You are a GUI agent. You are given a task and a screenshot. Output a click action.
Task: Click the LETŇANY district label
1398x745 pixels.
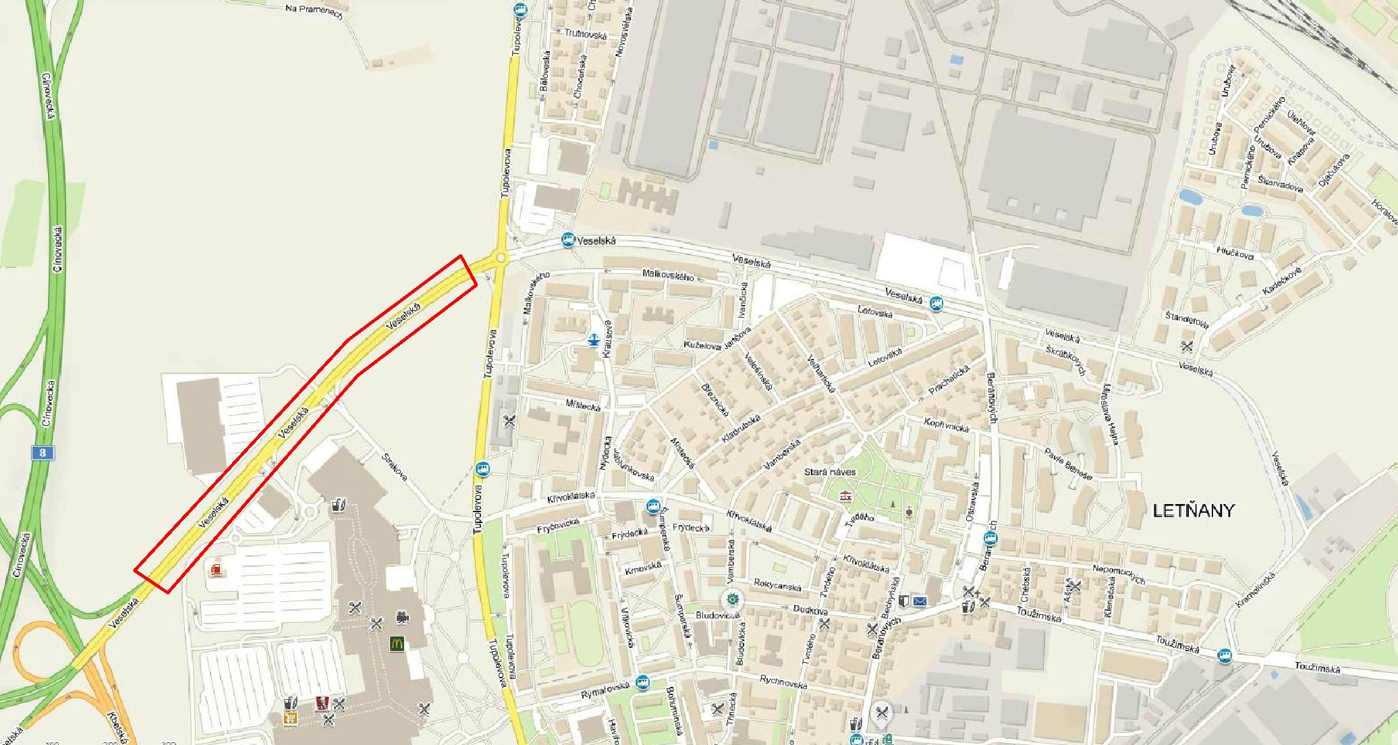point(1194,510)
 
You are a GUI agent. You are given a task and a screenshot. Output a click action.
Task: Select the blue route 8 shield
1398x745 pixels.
point(43,452)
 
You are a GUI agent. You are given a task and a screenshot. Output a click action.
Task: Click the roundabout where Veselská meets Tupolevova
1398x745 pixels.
point(499,257)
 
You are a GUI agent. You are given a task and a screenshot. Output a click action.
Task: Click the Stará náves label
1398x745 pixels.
point(829,472)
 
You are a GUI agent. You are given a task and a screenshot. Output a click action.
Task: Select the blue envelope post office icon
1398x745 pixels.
point(920,601)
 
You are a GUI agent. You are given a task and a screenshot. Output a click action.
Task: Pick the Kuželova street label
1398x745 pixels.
point(703,344)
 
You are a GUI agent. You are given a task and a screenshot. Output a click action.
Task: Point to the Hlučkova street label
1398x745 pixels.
point(1235,254)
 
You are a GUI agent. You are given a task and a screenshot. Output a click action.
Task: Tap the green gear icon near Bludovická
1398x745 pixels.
point(731,599)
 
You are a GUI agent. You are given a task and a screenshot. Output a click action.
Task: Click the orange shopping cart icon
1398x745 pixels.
point(291,718)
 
